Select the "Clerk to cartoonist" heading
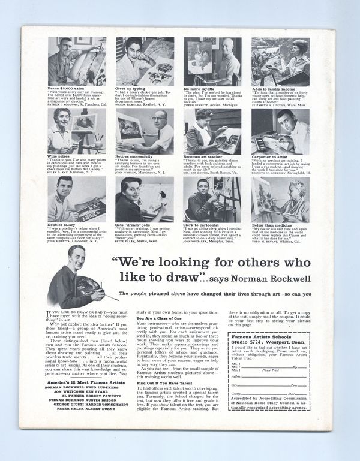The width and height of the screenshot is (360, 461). [x=201, y=224]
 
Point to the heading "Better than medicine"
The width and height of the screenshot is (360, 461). [x=267, y=224]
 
